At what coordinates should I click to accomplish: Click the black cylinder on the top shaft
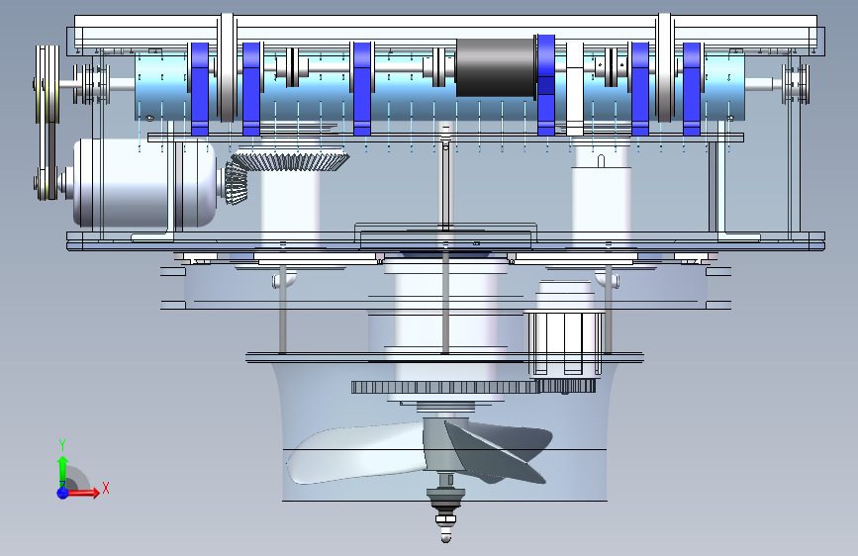[x=495, y=68]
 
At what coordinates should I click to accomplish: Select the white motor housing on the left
[x=145, y=182]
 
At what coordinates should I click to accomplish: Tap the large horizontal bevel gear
[x=291, y=160]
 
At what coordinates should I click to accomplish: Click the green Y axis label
[x=62, y=445]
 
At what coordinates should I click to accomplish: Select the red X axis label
[x=106, y=488]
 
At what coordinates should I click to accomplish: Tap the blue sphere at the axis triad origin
[x=62, y=492]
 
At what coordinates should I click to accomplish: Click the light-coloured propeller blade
[x=355, y=453]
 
